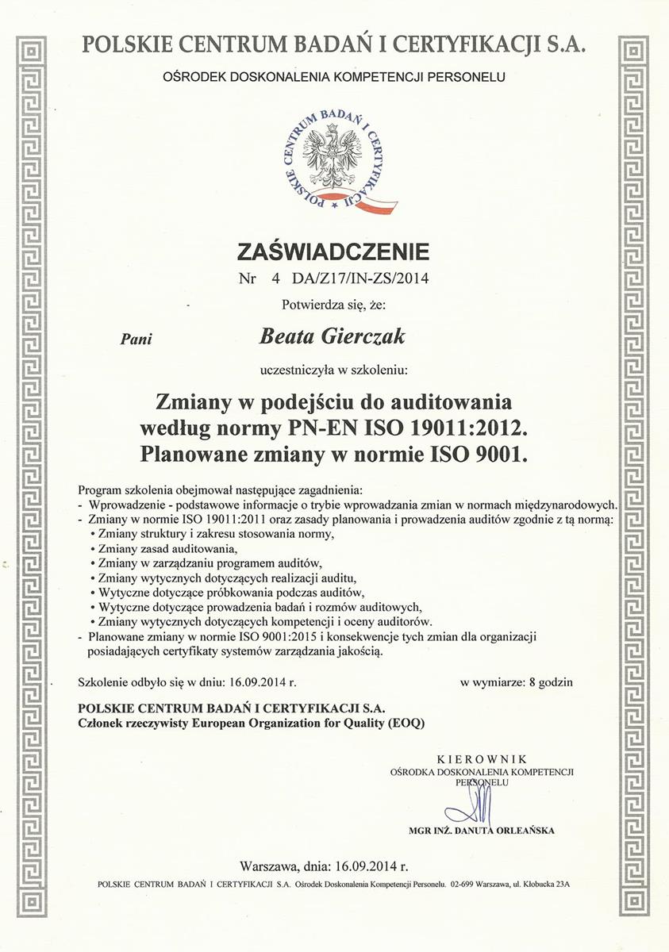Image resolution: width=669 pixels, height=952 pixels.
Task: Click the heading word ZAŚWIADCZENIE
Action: click(x=333, y=252)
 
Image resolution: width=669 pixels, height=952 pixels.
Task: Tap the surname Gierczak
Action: click(x=366, y=337)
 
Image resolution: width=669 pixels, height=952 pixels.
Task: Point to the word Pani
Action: click(x=135, y=339)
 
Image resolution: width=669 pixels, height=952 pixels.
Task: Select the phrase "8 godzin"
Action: click(x=544, y=681)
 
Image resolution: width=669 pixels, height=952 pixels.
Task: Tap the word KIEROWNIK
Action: click(x=482, y=759)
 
